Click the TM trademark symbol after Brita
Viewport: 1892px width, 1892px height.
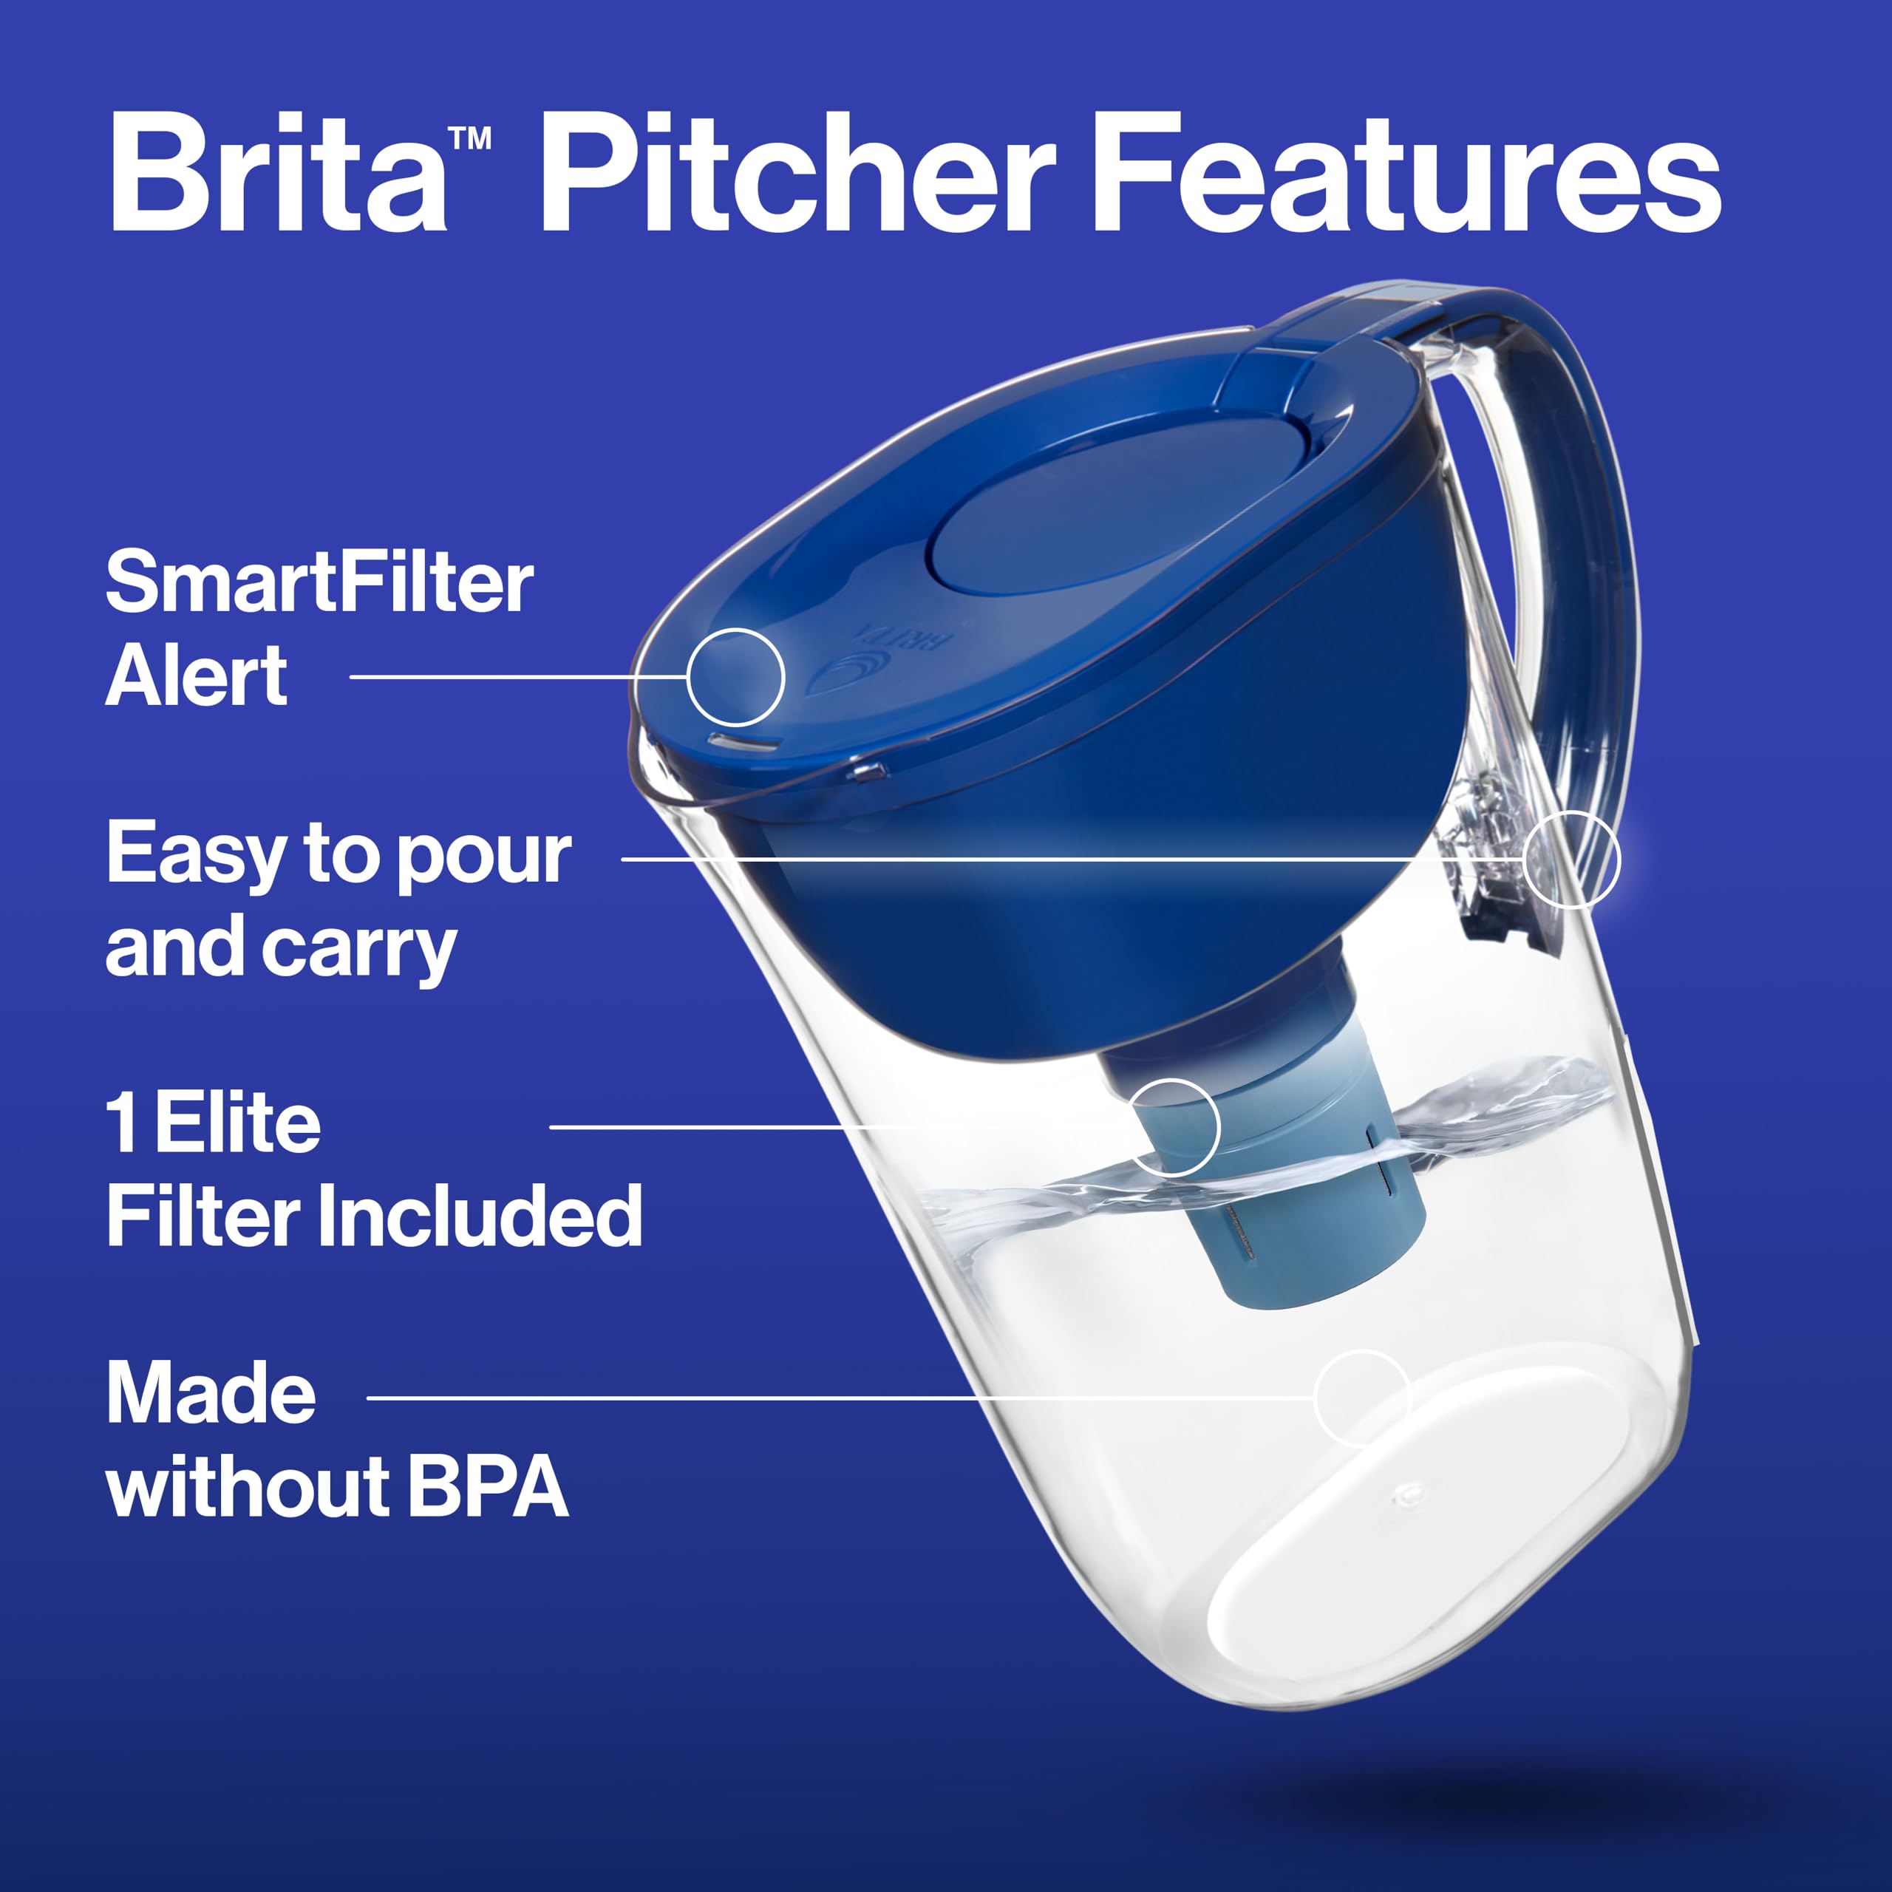point(470,138)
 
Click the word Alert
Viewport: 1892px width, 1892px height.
point(196,676)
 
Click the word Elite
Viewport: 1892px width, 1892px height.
point(237,1123)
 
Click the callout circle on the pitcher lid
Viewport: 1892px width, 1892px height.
point(735,677)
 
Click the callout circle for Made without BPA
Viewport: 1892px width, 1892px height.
point(1361,1398)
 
